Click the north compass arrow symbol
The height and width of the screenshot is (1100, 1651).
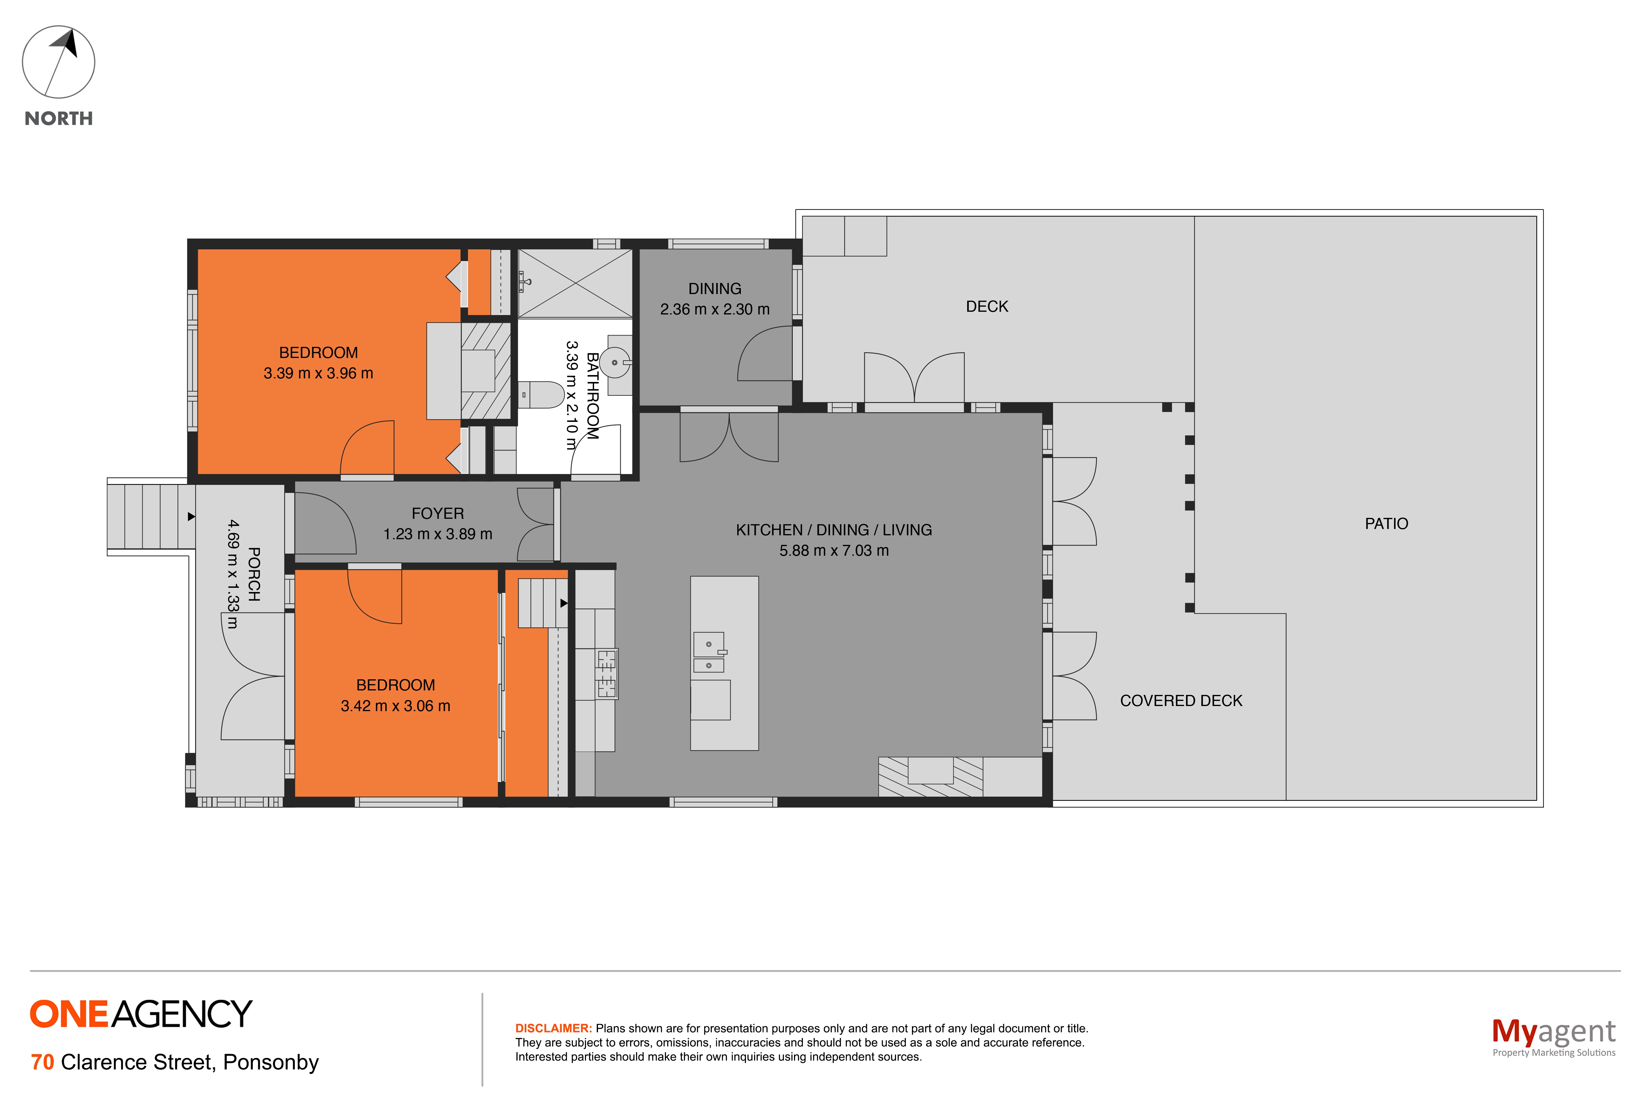click(x=58, y=62)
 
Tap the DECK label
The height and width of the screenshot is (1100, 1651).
click(x=986, y=307)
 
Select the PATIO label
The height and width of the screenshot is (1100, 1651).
click(x=1386, y=523)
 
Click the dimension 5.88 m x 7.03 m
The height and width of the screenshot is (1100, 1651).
click(x=834, y=551)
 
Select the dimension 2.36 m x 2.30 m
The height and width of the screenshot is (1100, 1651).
click(x=714, y=309)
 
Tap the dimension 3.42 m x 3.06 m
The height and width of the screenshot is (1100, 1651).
click(x=395, y=706)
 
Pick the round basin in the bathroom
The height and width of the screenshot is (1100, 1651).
click(x=615, y=362)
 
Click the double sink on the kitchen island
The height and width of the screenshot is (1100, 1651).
click(x=709, y=652)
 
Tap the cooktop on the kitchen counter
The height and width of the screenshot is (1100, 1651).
click(x=606, y=673)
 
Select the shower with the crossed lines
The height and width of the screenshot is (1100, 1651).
click(x=575, y=284)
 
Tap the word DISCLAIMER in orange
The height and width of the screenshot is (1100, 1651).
click(x=554, y=1029)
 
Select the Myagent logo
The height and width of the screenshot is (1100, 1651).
click(x=1553, y=1036)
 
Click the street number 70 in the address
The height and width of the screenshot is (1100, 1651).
click(x=42, y=1062)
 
